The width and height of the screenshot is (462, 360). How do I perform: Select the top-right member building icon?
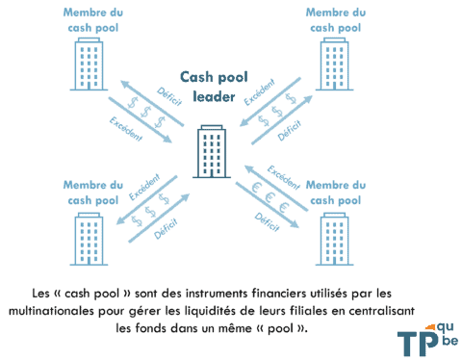[334, 64]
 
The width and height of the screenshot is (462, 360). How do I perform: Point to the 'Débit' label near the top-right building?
[287, 136]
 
